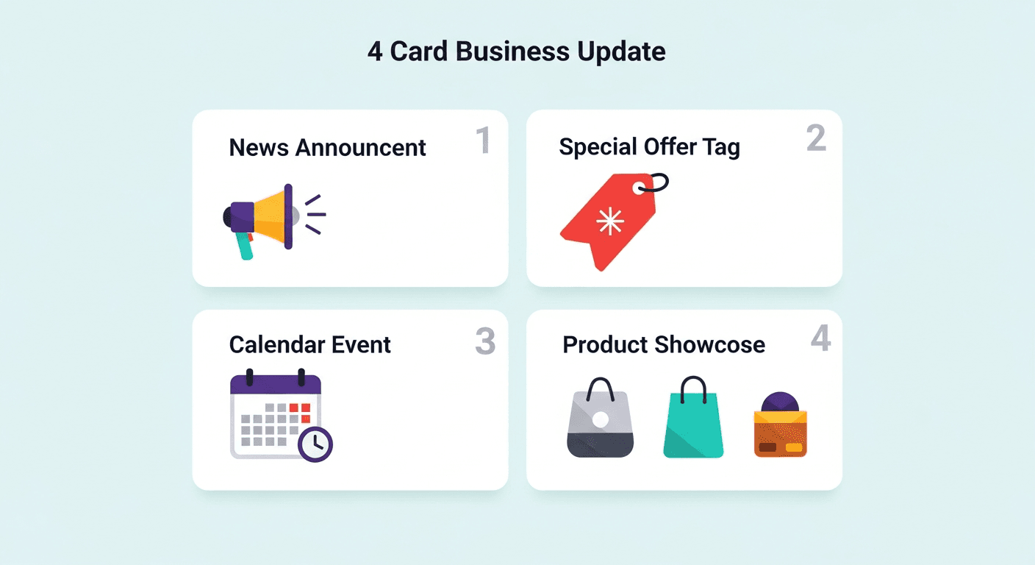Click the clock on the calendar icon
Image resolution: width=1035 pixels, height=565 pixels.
pyautogui.click(x=315, y=444)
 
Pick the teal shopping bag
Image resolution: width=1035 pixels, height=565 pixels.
pyautogui.click(x=692, y=422)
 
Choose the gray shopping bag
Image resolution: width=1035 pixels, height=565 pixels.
pyautogui.click(x=601, y=422)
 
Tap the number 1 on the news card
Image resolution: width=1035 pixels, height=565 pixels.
pyautogui.click(x=483, y=141)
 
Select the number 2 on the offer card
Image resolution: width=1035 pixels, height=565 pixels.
pyautogui.click(x=816, y=138)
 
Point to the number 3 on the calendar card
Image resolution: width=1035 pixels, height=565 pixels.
pyautogui.click(x=485, y=341)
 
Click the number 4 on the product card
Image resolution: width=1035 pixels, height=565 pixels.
pyautogui.click(x=820, y=339)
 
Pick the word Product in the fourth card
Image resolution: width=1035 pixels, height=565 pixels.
pyautogui.click(x=605, y=344)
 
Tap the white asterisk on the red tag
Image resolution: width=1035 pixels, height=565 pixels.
pyautogui.click(x=610, y=221)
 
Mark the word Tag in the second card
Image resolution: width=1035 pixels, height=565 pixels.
pyautogui.click(x=720, y=147)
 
